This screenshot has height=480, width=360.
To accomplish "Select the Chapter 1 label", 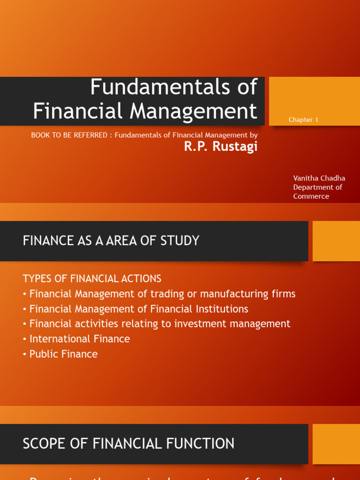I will [x=303, y=120].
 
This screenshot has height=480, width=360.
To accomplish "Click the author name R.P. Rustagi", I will [x=221, y=147].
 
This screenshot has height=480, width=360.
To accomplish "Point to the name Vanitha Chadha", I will [x=319, y=178].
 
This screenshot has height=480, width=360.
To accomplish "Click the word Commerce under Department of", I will [x=311, y=196].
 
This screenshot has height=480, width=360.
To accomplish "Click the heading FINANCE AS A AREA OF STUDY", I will [x=111, y=241].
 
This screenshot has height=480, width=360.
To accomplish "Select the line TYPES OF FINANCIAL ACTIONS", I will [x=92, y=278].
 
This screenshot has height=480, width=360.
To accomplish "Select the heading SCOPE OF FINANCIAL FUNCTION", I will [x=128, y=443].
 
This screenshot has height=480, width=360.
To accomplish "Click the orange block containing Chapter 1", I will [x=314, y=101].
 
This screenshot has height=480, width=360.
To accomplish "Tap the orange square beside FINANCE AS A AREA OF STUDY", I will [x=336, y=241].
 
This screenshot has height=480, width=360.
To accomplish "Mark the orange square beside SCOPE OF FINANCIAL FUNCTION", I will [x=336, y=444].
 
